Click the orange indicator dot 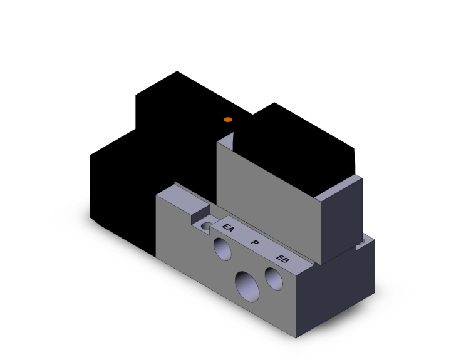click(x=228, y=120)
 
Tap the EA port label click(x=229, y=230)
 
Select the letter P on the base click(x=254, y=243)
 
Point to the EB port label click(x=282, y=257)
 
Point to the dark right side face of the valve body click(x=341, y=219)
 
